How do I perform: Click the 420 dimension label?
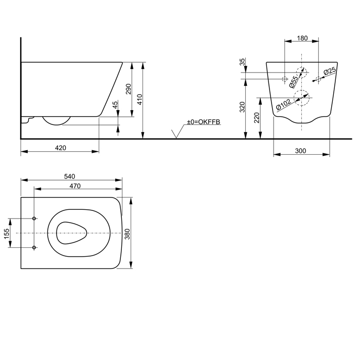(x=60, y=148)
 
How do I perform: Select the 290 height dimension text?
(x=129, y=89)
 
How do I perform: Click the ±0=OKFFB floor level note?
(x=203, y=121)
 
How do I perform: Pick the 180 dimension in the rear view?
(x=302, y=38)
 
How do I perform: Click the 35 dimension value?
(x=242, y=63)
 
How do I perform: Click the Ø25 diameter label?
(x=330, y=73)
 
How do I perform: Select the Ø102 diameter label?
(x=284, y=104)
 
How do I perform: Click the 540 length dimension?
(x=70, y=176)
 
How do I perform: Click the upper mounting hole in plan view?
(x=34, y=219)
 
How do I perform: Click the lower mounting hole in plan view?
(x=34, y=248)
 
